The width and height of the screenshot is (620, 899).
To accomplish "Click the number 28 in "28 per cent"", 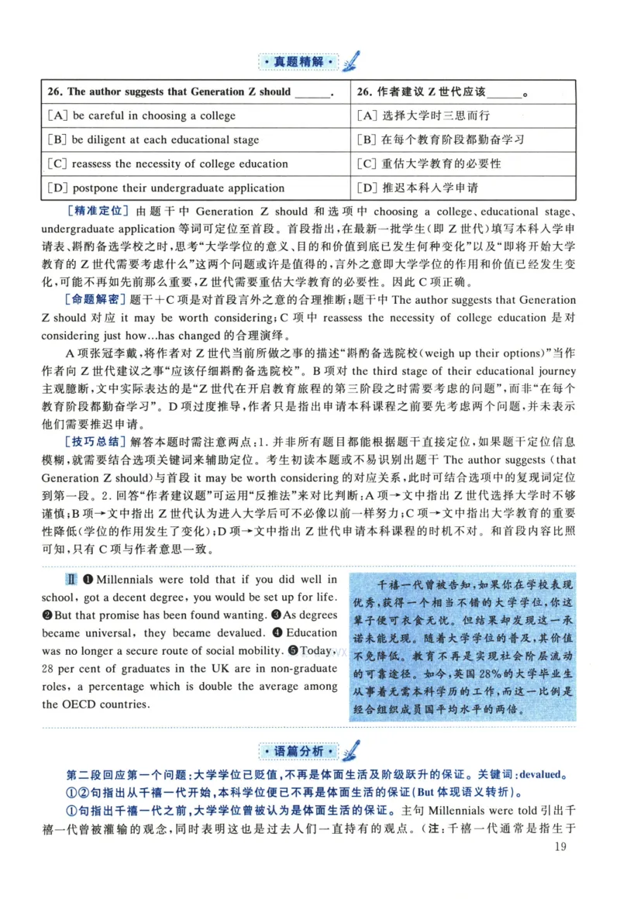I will tap(50, 668).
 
